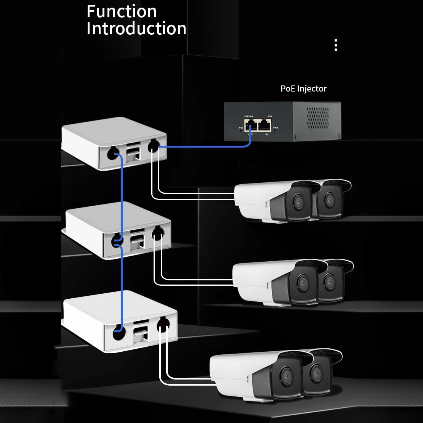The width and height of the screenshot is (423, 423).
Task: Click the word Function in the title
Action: (x=122, y=11)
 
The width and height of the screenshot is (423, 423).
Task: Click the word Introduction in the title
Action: (x=136, y=29)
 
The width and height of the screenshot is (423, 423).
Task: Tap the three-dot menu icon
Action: (x=336, y=45)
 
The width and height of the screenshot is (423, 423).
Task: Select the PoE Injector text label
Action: (x=303, y=88)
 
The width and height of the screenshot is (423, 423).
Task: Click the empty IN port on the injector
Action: (x=264, y=125)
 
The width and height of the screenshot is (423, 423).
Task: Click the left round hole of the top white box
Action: (x=112, y=154)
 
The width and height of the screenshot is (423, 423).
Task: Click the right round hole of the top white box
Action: (x=153, y=145)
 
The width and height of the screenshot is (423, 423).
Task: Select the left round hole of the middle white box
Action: (x=116, y=241)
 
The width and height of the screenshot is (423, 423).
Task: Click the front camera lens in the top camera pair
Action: (x=298, y=201)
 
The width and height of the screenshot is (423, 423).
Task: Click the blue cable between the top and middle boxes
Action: (x=122, y=195)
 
